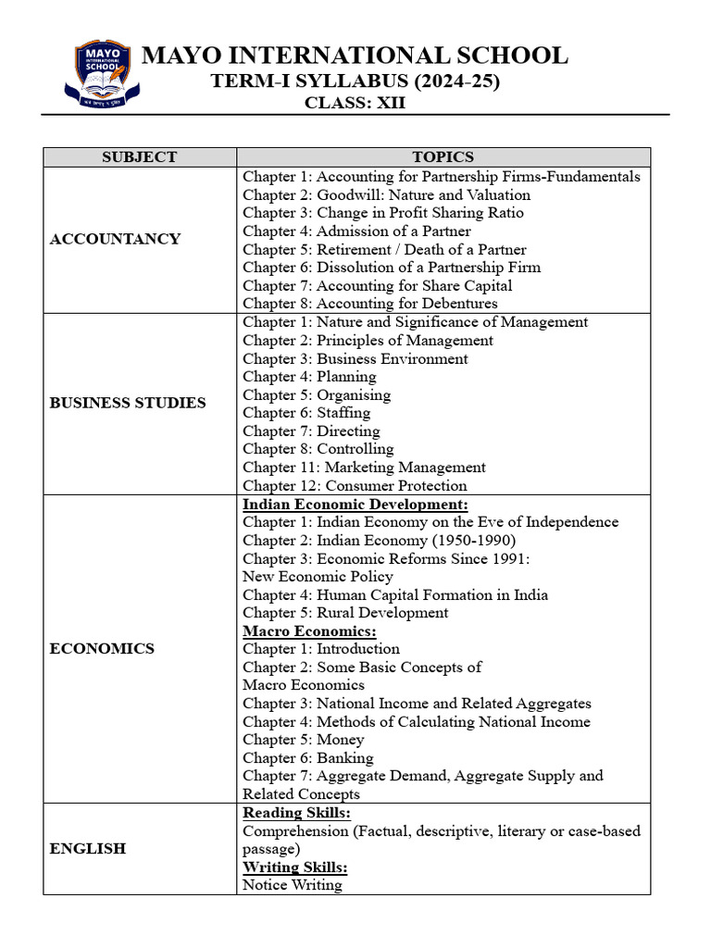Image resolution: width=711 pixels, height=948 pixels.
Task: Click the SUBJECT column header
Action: coord(139,157)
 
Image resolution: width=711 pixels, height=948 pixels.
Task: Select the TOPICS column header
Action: coord(443,157)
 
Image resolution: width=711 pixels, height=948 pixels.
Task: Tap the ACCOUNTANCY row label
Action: coord(115,239)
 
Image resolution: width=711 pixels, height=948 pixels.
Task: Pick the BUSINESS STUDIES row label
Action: coord(128,403)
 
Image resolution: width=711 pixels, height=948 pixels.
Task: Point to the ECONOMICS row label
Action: coord(102,649)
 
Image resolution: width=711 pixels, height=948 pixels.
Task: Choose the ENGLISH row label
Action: coord(88,848)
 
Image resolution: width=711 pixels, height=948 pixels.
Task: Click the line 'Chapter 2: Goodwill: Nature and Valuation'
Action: coord(386,194)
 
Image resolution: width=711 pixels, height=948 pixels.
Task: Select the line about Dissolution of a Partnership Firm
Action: coord(392,268)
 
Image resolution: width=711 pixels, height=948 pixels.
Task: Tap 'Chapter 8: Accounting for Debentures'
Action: coord(369,304)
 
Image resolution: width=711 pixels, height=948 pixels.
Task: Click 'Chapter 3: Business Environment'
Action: coord(355,358)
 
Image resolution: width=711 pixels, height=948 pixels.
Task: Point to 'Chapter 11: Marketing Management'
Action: coord(364,468)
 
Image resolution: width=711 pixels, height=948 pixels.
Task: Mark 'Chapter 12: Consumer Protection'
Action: coord(355,486)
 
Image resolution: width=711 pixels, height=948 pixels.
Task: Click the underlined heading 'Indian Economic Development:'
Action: coord(355,505)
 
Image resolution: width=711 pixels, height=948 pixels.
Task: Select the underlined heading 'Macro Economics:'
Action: coord(309,631)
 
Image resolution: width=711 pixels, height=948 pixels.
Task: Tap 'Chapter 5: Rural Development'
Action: coord(345,613)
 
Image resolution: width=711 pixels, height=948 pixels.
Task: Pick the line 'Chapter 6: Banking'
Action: coord(308,758)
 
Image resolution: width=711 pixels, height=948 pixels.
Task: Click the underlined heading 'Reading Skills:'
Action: coord(296,813)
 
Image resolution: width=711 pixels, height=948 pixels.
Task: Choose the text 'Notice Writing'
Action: coord(293,885)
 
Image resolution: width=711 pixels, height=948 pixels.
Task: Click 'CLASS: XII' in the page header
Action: coord(355,103)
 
